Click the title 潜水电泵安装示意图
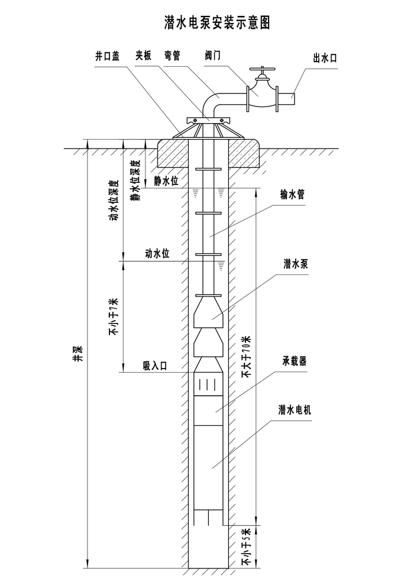[217, 22]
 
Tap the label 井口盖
[107, 56]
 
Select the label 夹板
[144, 56]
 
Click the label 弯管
[172, 56]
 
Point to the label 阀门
[213, 56]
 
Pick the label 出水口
[325, 58]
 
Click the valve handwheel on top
[263, 69]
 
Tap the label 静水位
[166, 181]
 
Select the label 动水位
[157, 254]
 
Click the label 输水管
[292, 195]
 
